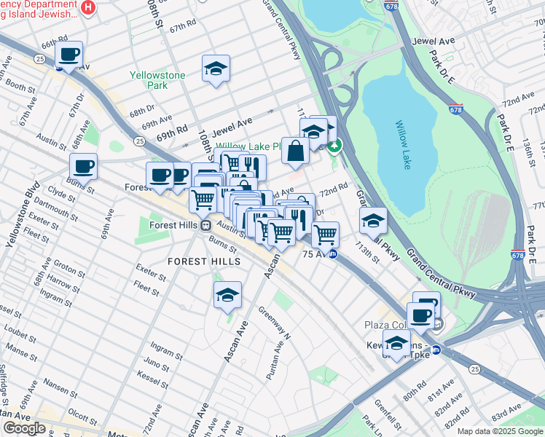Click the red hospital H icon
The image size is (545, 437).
click(x=88, y=7)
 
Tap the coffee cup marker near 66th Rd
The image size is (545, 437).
click(x=69, y=55)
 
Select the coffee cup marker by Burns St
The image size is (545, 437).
click(x=84, y=167)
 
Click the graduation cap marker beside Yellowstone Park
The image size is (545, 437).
click(x=216, y=68)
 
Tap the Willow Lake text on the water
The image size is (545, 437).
click(x=403, y=145)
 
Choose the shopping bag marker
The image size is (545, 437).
click(x=295, y=151)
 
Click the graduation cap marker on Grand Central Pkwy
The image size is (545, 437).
click(x=373, y=219)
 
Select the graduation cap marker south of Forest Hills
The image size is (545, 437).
click(x=227, y=295)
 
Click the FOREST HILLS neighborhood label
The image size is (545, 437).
click(x=204, y=261)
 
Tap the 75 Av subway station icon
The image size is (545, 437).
click(x=333, y=254)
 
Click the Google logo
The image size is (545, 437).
click(x=24, y=428)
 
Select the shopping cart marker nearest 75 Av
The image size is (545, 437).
click(x=325, y=235)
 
